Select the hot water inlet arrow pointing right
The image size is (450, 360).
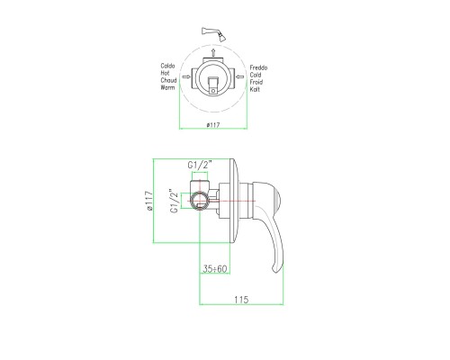[184, 79]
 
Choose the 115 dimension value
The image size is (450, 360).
[240, 299]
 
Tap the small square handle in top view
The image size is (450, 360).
[215, 87]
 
